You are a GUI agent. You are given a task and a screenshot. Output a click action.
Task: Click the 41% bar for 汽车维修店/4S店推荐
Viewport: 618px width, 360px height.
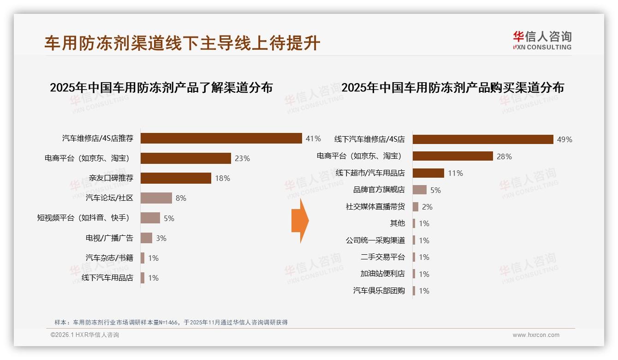221,138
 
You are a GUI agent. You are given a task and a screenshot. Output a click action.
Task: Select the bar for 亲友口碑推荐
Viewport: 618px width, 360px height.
176,178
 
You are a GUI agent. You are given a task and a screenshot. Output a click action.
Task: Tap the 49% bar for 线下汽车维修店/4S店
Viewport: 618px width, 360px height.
482,139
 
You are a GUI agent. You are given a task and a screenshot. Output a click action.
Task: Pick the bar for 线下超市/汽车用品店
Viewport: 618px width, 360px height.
428,173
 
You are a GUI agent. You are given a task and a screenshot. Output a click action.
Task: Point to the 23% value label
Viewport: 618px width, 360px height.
242,158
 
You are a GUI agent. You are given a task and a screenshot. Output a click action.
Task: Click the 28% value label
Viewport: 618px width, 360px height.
504,156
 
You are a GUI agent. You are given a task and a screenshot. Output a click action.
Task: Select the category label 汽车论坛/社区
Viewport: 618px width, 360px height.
109,198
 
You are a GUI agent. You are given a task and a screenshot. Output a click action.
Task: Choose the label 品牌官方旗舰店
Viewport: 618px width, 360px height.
379,190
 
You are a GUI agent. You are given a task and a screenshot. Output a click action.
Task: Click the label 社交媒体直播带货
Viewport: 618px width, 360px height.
375,207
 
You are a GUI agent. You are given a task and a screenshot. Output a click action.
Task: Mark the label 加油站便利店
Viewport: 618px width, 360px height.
382,274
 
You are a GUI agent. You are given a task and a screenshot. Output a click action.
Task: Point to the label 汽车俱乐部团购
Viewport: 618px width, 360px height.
379,291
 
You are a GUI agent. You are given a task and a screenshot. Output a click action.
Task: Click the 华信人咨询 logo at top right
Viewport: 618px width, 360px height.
542,40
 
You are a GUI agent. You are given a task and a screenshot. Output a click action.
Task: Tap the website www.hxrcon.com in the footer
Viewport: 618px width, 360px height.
536,335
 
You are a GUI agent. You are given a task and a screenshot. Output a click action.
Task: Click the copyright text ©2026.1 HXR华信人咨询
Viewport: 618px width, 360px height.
85,335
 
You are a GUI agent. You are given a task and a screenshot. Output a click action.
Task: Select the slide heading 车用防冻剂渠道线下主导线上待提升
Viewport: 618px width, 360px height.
182,43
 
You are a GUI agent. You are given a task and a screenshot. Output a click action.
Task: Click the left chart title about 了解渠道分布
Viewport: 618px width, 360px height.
161,87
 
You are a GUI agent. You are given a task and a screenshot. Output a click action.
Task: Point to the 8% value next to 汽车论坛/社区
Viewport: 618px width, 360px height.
181,198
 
